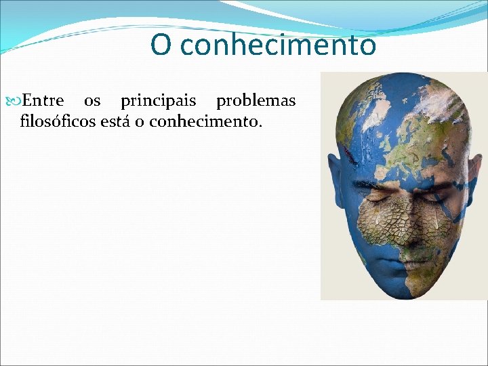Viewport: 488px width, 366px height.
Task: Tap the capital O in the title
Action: tap(161, 45)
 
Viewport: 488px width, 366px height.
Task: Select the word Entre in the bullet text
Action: tap(43, 101)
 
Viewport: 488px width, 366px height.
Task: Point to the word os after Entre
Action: tap(92, 101)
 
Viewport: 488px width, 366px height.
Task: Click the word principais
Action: tap(158, 102)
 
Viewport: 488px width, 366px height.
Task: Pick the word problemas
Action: tap(256, 101)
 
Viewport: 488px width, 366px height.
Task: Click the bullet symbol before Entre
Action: tap(16, 102)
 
